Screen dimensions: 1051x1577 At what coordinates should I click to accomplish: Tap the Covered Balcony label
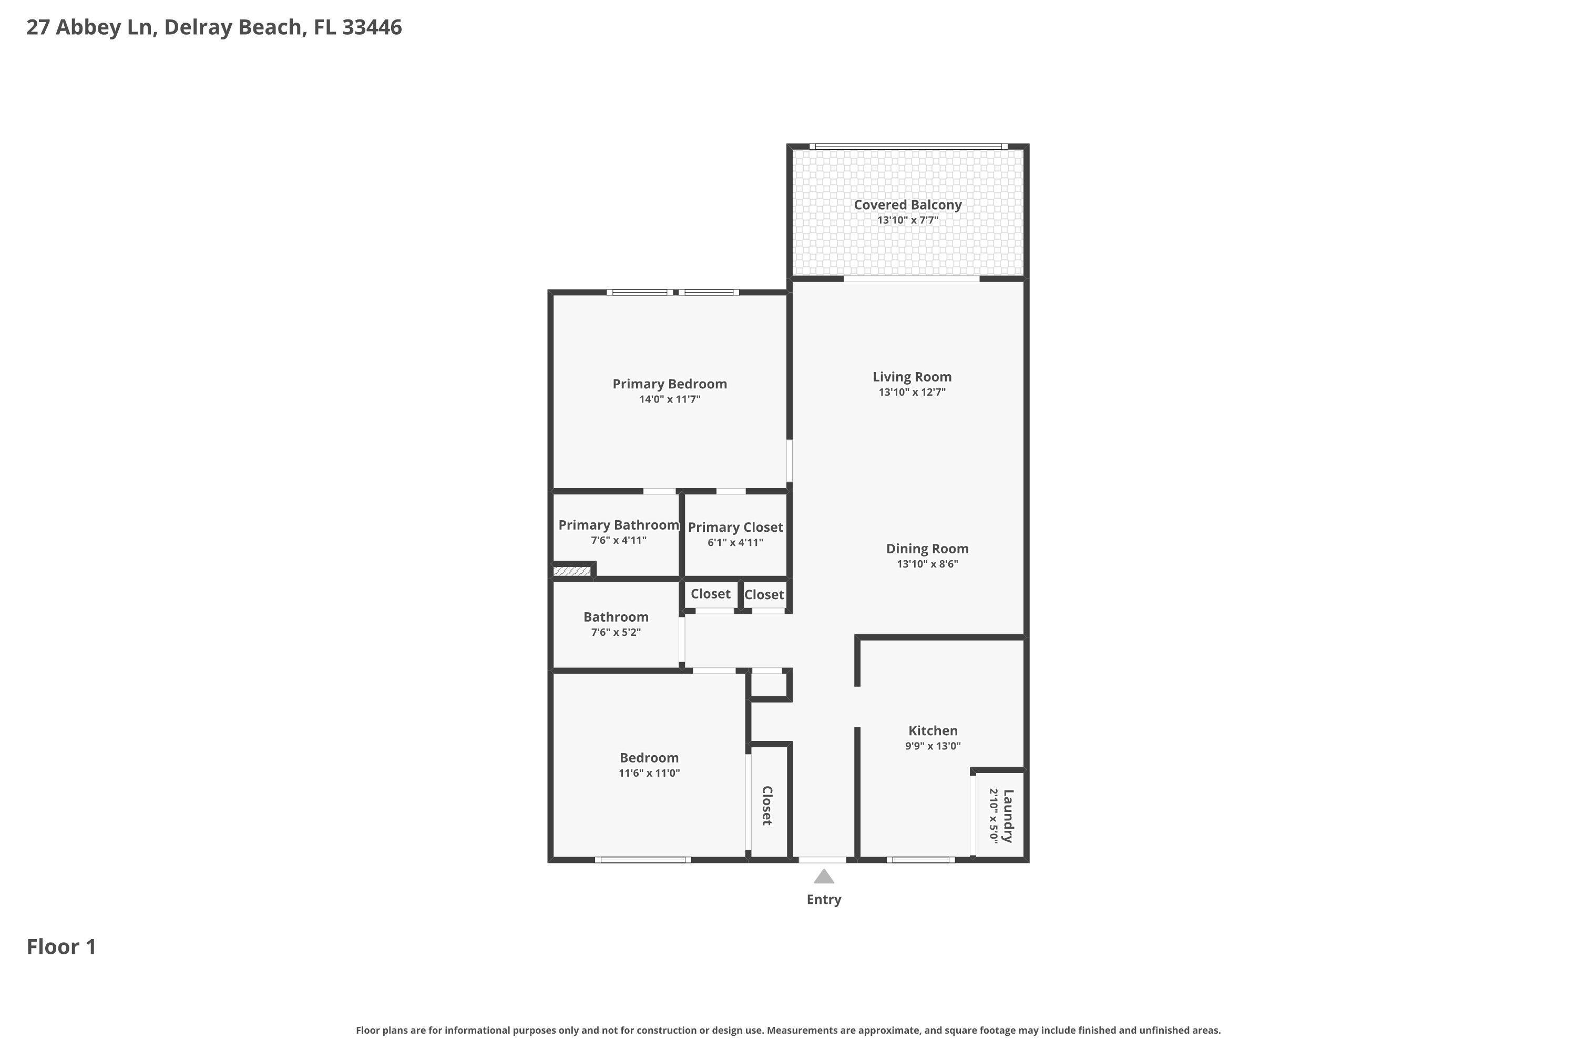pyautogui.click(x=907, y=205)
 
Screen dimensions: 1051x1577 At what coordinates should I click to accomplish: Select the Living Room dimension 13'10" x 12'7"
pyautogui.click(x=912, y=393)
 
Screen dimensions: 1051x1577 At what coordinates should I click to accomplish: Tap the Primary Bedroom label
pyautogui.click(x=669, y=384)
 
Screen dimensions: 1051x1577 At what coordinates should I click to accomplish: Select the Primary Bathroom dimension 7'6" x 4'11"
pyautogui.click(x=618, y=541)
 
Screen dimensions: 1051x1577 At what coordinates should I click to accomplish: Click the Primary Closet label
pyautogui.click(x=735, y=528)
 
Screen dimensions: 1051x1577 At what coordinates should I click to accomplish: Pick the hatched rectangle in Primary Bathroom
pyautogui.click(x=571, y=572)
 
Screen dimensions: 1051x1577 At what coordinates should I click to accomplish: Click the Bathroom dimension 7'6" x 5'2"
pyautogui.click(x=616, y=632)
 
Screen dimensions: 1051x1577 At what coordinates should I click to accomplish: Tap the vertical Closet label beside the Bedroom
pyautogui.click(x=767, y=805)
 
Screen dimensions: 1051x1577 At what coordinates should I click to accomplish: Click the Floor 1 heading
pyautogui.click(x=62, y=947)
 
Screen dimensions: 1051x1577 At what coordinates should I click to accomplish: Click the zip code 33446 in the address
pyautogui.click(x=372, y=27)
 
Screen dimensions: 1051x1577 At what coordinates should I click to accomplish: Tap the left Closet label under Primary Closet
pyautogui.click(x=710, y=594)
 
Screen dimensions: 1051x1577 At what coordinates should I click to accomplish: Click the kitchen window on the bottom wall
pyautogui.click(x=920, y=859)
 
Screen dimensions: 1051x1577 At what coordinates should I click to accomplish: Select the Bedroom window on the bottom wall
pyautogui.click(x=642, y=859)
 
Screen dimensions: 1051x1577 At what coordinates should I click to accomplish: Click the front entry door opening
pyautogui.click(x=822, y=859)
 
